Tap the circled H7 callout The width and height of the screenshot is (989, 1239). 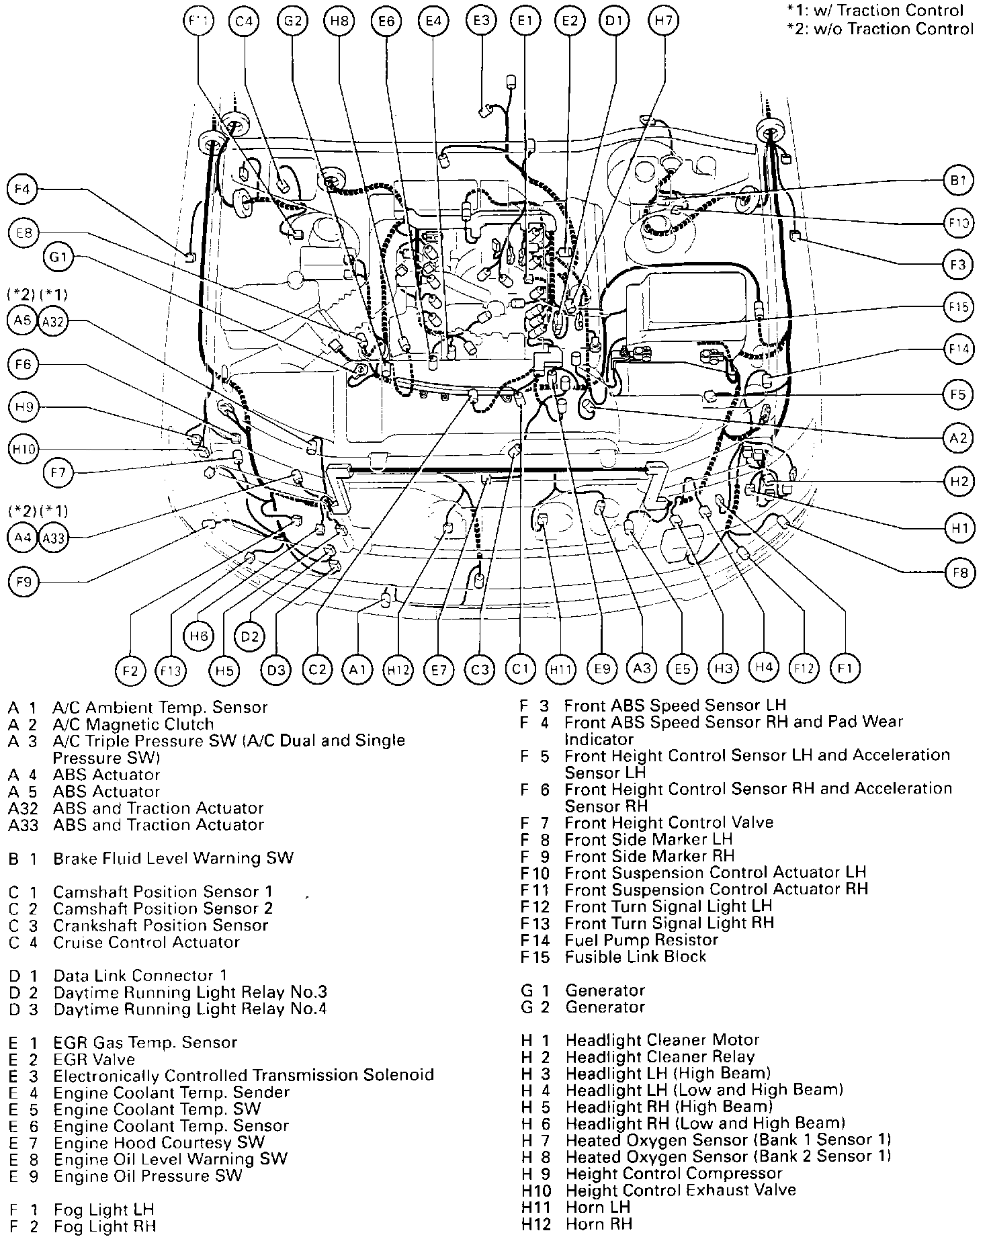(664, 21)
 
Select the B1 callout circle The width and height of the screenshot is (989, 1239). (958, 180)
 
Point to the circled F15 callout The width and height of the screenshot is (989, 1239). (958, 308)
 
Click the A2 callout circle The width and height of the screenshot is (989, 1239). (958, 438)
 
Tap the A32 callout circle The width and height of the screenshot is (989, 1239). (52, 321)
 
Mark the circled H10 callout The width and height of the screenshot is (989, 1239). (24, 449)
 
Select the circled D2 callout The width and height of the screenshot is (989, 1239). (250, 636)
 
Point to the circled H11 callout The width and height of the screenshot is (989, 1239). (560, 669)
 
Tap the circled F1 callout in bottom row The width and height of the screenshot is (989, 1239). (845, 668)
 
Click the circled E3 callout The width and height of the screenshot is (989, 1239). (482, 21)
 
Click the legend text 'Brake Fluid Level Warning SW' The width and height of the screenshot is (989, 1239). (173, 859)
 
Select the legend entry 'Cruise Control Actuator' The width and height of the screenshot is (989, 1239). (146, 942)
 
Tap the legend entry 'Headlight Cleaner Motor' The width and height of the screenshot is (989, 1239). (662, 1040)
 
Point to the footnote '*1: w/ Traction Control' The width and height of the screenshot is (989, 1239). (875, 11)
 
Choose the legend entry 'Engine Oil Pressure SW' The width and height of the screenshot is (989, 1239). (148, 1176)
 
